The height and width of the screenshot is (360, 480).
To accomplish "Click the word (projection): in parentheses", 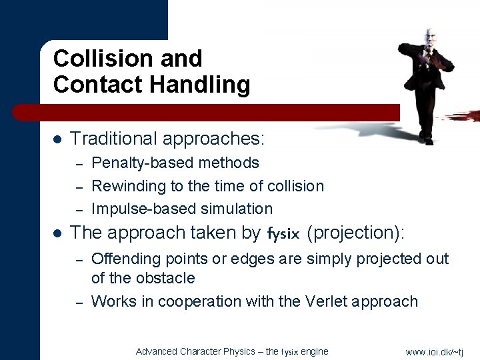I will [x=357, y=233].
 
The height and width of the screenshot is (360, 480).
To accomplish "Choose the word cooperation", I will [x=201, y=301].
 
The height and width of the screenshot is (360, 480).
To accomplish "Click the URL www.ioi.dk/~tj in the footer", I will [x=434, y=351].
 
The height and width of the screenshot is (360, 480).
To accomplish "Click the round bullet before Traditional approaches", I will [x=57, y=139].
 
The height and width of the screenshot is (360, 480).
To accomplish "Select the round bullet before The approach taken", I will [x=57, y=233].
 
